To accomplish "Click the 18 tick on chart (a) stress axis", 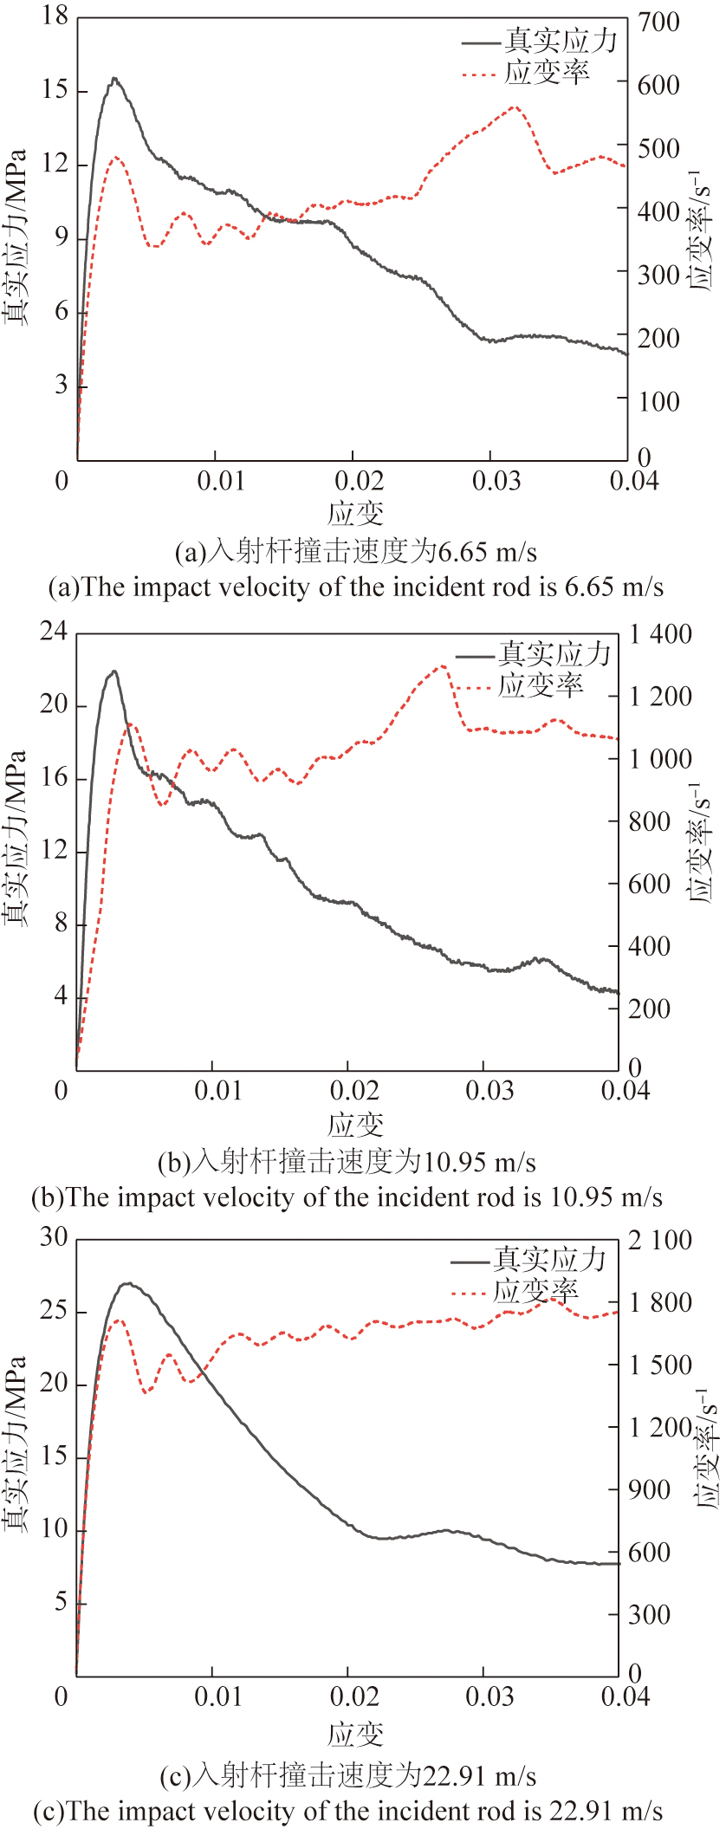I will pyautogui.click(x=55, y=16).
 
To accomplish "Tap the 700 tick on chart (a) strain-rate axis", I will pyautogui.click(x=658, y=23).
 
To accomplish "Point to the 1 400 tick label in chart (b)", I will pyautogui.click(x=660, y=634).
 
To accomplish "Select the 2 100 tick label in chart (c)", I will pyautogui.click(x=660, y=1241).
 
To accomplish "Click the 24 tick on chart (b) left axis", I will pyautogui.click(x=53, y=632).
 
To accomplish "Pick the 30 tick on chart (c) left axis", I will pyautogui.click(x=53, y=1237).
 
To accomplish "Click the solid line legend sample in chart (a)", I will pyautogui.click(x=481, y=42).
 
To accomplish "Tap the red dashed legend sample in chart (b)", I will pyautogui.click(x=475, y=688).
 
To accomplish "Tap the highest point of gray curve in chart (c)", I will pyautogui.click(x=127, y=1283).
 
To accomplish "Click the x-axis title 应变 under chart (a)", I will pyautogui.click(x=355, y=514).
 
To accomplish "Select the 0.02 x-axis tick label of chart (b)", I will pyautogui.click(x=353, y=1090).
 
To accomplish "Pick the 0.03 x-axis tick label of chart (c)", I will pyautogui.click(x=489, y=1696).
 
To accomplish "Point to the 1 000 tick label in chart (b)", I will pyautogui.click(x=660, y=759).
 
